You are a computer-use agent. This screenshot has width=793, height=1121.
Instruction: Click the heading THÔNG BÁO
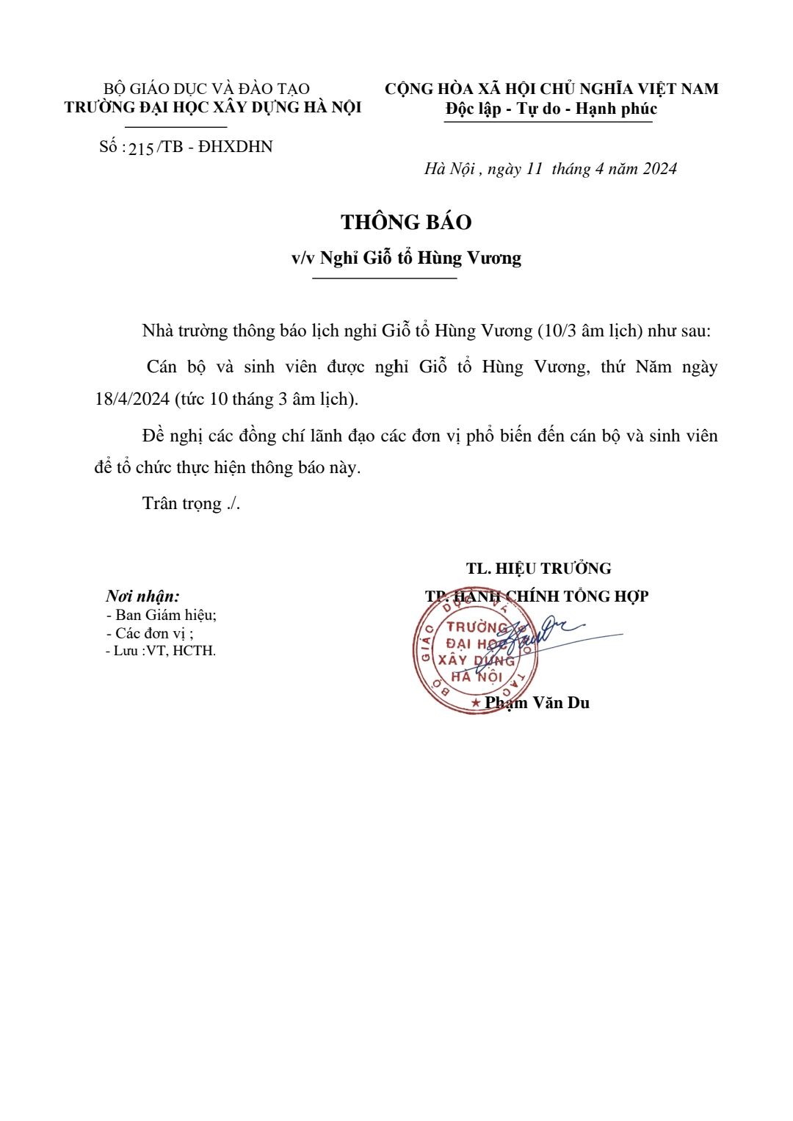[406, 222]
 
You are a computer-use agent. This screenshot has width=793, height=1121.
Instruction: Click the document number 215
[141, 149]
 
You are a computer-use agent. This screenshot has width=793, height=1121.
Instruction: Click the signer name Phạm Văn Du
[537, 703]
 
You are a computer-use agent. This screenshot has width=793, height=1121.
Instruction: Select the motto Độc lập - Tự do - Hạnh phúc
[551, 109]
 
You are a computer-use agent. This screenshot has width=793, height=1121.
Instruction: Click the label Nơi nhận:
[142, 596]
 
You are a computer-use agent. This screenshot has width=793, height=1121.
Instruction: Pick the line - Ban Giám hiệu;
[162, 615]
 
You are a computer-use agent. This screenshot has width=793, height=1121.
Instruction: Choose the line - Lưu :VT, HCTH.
[161, 651]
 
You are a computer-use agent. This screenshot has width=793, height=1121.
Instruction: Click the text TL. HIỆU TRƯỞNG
[538, 569]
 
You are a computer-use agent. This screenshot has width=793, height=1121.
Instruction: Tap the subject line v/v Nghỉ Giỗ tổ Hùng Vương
[406, 258]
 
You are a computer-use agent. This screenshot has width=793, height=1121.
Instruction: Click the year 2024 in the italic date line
[659, 169]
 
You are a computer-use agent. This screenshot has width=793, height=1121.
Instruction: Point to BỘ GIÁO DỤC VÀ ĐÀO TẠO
[206, 89]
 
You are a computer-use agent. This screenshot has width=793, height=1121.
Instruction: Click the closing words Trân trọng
[182, 503]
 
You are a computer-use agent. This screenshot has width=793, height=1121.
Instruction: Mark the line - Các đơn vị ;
[150, 633]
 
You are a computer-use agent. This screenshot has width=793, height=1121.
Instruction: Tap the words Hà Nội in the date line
[449, 169]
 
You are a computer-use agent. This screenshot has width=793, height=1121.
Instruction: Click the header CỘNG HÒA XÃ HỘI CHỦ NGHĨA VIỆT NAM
[551, 89]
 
